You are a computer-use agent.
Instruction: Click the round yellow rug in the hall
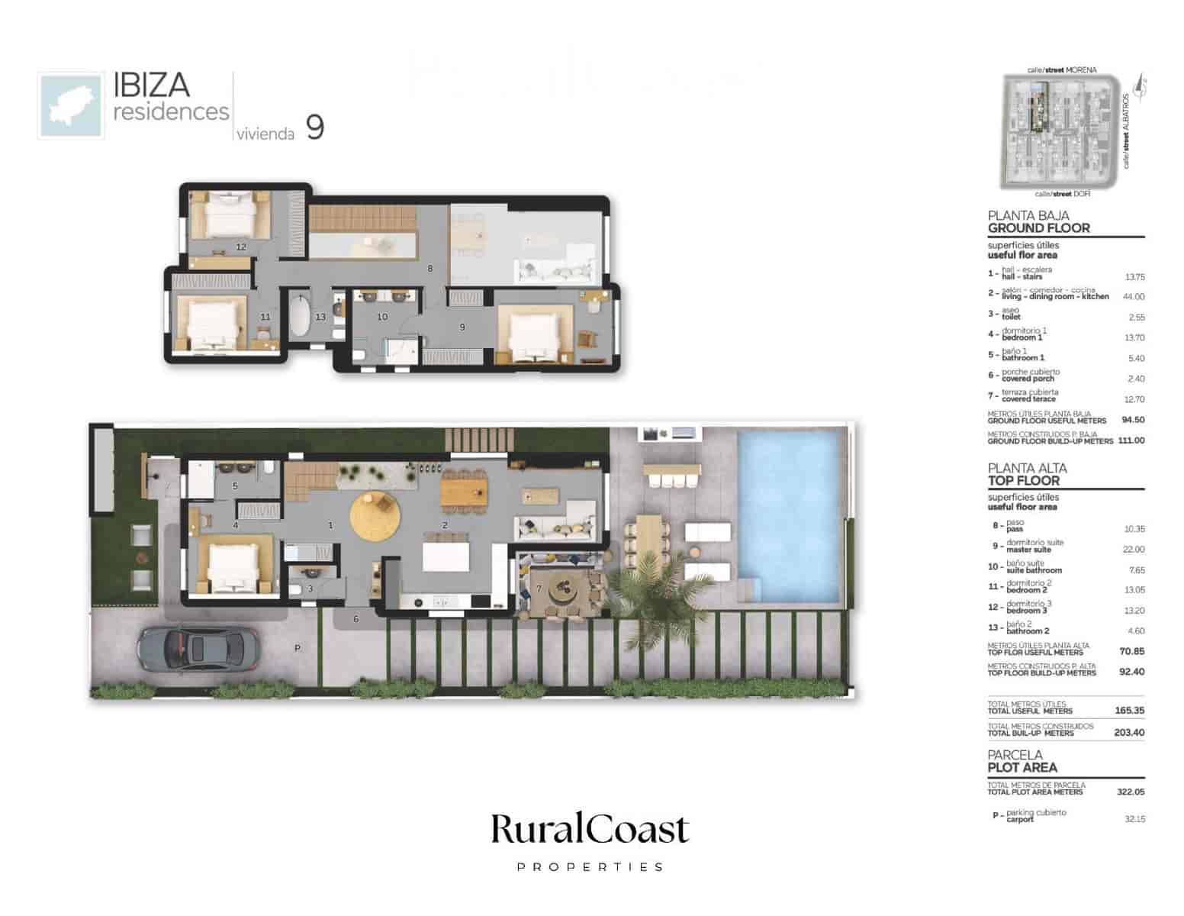point(375,516)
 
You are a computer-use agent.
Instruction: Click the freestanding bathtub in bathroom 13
point(299,318)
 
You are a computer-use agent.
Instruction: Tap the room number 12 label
point(241,247)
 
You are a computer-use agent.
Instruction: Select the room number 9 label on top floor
point(462,327)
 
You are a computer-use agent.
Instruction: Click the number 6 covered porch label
point(356,619)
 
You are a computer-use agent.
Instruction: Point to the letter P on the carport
point(298,648)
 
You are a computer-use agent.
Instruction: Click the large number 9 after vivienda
point(314,127)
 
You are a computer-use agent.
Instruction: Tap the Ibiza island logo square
point(71,106)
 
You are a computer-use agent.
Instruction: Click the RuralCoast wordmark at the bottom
point(590,831)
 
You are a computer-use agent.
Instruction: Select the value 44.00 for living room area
point(1134,297)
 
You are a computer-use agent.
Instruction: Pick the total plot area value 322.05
point(1130,792)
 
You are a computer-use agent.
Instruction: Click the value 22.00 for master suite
point(1134,550)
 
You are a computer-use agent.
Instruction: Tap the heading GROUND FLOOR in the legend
point(1038,228)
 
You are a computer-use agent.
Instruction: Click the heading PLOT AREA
point(1022,768)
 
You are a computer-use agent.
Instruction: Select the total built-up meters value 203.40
point(1130,733)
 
